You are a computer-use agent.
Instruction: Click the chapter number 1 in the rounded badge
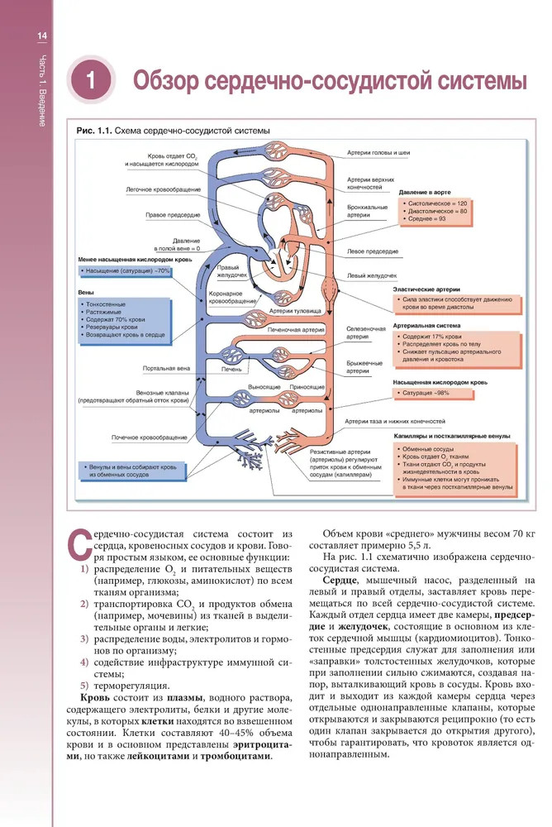pyautogui.click(x=91, y=83)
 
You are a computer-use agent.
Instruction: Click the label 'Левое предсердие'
pyautogui.click(x=372, y=251)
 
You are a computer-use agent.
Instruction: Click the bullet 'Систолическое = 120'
pyautogui.click(x=437, y=203)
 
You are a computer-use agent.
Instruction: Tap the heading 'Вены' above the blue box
pyautogui.click(x=85, y=292)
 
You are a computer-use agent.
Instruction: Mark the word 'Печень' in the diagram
pyautogui.click(x=231, y=368)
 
